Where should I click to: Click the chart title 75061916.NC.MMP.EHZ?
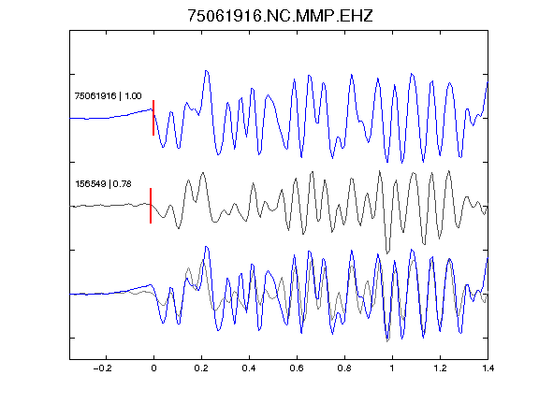(280, 16)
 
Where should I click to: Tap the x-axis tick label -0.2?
(102, 368)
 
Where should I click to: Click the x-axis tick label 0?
(153, 368)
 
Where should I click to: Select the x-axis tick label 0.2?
(201, 368)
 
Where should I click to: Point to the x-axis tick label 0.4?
(249, 368)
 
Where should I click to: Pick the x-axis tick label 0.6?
(297, 368)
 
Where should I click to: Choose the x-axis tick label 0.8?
(344, 368)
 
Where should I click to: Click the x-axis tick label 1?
(392, 368)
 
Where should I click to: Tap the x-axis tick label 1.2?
(440, 368)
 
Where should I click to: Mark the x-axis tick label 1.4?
(488, 368)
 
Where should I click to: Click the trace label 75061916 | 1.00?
(108, 95)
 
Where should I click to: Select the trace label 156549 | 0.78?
(103, 184)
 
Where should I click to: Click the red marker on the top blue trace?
(153, 118)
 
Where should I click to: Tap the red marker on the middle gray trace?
(151, 206)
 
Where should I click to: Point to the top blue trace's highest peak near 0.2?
(206, 71)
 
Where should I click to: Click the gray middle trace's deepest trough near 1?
(387, 252)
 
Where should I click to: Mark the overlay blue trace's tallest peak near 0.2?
(206, 247)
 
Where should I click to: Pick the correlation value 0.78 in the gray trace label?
(122, 184)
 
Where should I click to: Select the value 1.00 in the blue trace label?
(133, 95)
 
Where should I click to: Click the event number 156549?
(91, 184)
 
